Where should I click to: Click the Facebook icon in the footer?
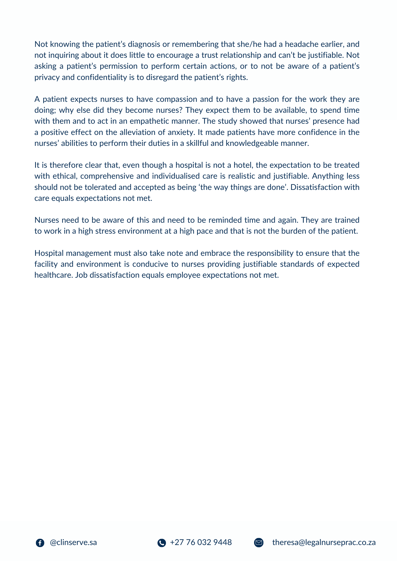pos(40,543)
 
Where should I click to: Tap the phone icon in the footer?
pos(161,543)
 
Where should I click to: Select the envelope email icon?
pos(259,543)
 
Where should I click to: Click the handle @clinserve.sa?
pos(73,542)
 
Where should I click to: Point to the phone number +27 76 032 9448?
pos(201,542)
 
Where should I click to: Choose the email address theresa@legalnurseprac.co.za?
pos(324,542)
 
